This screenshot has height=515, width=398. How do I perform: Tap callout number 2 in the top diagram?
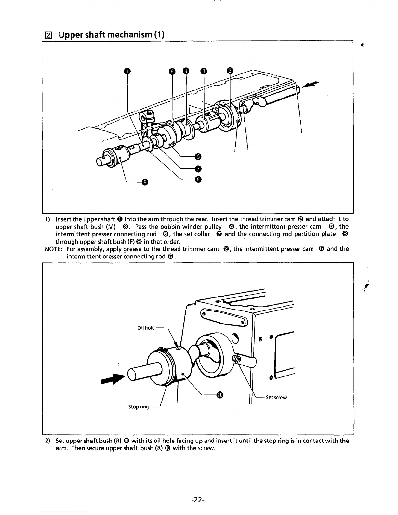(x=230, y=71)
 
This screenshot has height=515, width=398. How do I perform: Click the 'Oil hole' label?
(x=146, y=328)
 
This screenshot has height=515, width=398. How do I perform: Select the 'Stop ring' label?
(x=139, y=407)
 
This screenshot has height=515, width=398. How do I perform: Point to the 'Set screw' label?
(x=276, y=397)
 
